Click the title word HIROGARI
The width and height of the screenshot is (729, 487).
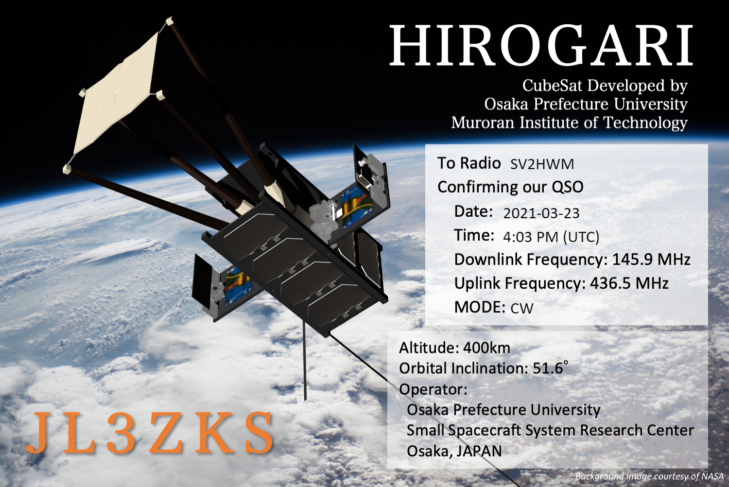[x=541, y=45]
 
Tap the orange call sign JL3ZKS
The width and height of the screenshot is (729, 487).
[x=150, y=433]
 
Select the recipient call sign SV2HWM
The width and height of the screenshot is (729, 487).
[x=542, y=164]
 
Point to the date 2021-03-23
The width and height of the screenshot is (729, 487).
[x=541, y=213]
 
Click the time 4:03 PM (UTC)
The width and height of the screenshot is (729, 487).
[x=551, y=237]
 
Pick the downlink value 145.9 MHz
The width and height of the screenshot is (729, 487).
[x=651, y=260]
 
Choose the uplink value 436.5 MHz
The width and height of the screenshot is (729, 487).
[x=629, y=283]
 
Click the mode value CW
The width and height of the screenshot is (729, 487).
[x=522, y=308]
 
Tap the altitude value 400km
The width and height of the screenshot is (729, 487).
[x=486, y=348]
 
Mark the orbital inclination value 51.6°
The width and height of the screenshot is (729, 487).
[x=550, y=368]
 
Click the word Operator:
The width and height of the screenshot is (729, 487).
[x=433, y=389]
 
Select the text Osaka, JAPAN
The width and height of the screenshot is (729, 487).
[x=454, y=451]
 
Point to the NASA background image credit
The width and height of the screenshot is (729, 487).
[x=650, y=477]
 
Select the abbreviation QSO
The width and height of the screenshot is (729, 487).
[x=567, y=187]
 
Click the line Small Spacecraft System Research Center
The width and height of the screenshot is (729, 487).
[x=550, y=430]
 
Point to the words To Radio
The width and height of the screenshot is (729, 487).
[x=469, y=163]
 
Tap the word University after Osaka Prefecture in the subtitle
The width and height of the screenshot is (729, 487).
[x=651, y=104]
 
